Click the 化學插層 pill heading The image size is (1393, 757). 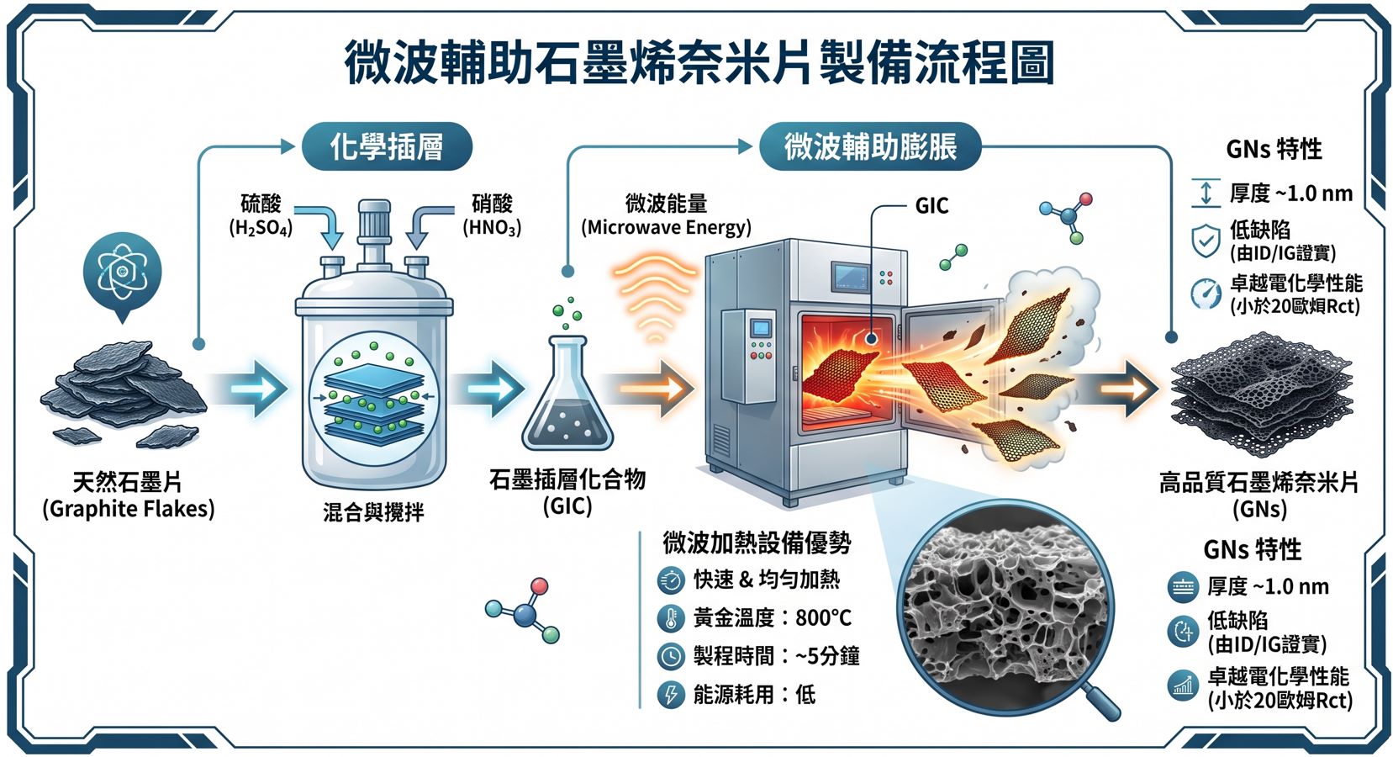387,147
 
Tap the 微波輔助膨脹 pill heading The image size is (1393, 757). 870,147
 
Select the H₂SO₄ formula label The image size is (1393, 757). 261,228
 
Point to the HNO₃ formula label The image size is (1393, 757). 492,228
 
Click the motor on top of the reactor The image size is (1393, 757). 374,224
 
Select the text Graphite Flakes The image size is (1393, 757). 128,509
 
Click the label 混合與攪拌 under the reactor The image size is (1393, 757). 373,512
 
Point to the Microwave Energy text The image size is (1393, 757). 666,228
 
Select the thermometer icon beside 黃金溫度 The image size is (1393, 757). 671,618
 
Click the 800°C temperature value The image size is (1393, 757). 823,617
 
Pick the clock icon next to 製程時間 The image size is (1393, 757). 671,657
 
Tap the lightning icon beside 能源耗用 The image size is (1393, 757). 671,695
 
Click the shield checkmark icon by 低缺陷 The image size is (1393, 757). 1206,241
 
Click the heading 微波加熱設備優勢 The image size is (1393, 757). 757,543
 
